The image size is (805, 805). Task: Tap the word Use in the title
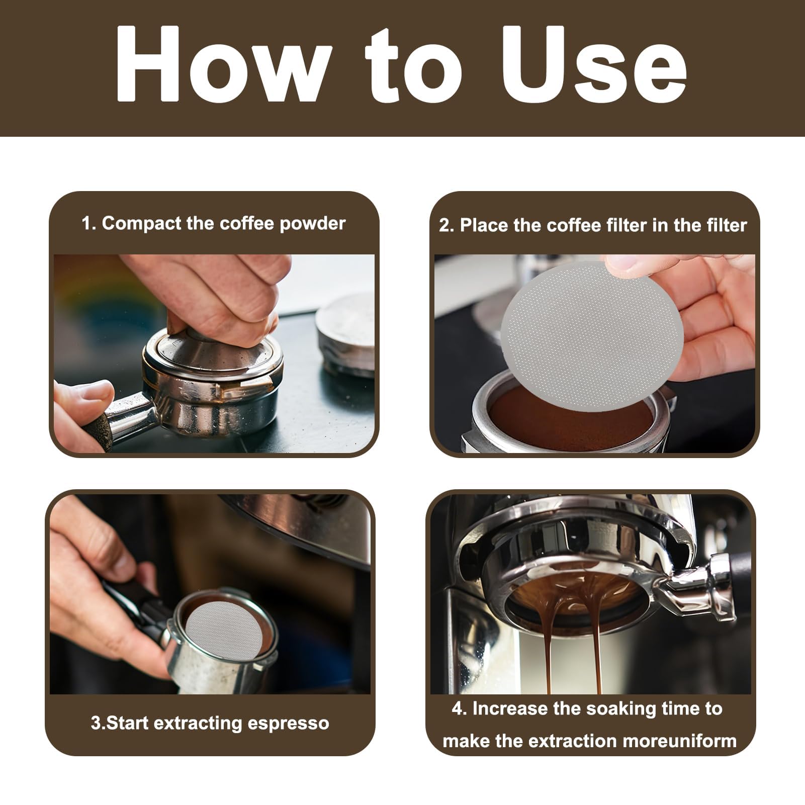click(593, 64)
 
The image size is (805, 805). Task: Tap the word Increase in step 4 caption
click(509, 708)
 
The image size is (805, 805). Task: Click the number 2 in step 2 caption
click(444, 225)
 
